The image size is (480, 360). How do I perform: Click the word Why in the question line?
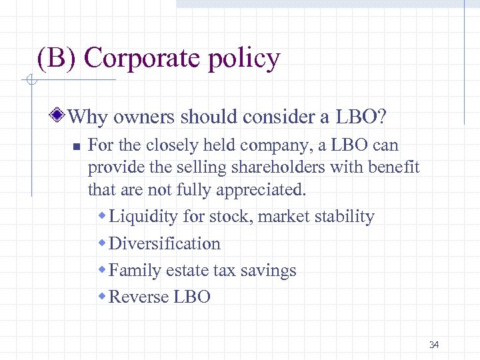[x=88, y=118]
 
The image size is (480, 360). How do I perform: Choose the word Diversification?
[x=164, y=243]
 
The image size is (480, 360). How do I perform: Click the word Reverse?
[x=139, y=297]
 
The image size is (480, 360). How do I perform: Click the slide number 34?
[x=434, y=345]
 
